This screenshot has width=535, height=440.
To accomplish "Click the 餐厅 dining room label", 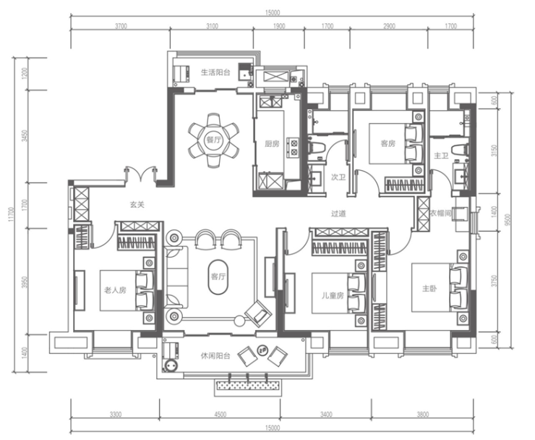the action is tap(213, 140).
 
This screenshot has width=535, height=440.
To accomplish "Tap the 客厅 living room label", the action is tap(218, 276).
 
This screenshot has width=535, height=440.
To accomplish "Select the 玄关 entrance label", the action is tap(137, 205).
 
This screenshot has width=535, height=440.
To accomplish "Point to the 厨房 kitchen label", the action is tap(272, 144).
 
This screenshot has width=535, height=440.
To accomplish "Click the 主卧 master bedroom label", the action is tap(429, 289).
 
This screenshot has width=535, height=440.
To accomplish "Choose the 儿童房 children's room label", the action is tap(333, 295).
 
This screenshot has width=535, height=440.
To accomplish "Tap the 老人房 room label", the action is tap(115, 290).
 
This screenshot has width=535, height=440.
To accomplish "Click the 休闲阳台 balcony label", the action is tap(215, 356).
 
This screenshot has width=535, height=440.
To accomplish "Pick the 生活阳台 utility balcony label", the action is tap(215, 72).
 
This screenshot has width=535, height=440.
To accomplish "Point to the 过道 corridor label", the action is tap(338, 214).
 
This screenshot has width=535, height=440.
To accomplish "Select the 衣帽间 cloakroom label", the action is tap(440, 213).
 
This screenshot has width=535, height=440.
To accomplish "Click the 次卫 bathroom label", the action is tap(338, 177).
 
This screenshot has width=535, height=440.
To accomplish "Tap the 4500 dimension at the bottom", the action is tap(220, 415).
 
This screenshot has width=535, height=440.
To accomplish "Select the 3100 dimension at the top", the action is tap(212, 26).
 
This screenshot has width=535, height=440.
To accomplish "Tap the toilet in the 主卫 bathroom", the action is tap(459, 150).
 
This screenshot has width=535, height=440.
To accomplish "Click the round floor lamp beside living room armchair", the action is tap(239, 321).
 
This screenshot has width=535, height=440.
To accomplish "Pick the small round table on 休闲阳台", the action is tap(262, 349).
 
